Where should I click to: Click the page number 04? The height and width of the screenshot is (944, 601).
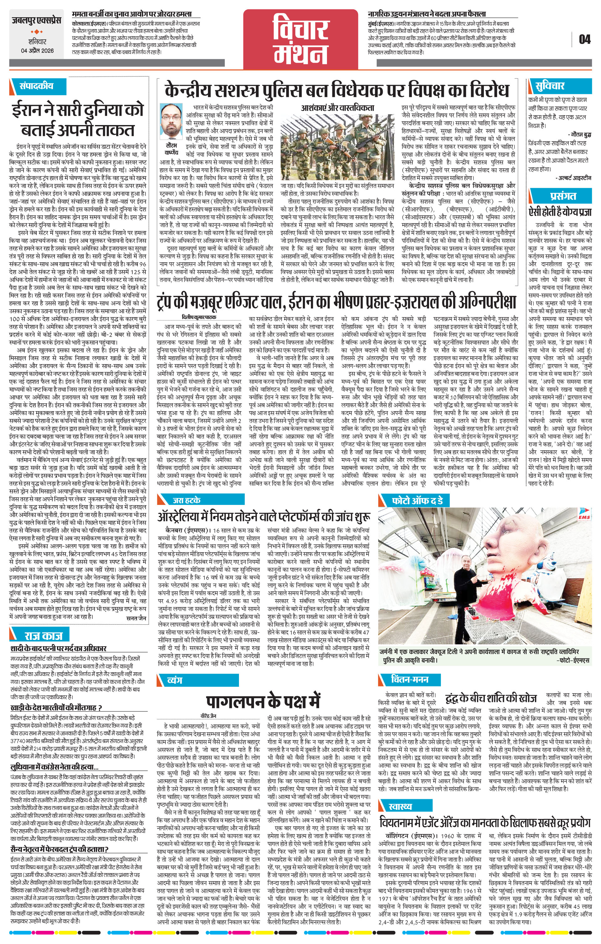(x=584, y=39)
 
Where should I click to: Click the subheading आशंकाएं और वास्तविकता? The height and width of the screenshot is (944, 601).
(x=337, y=108)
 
